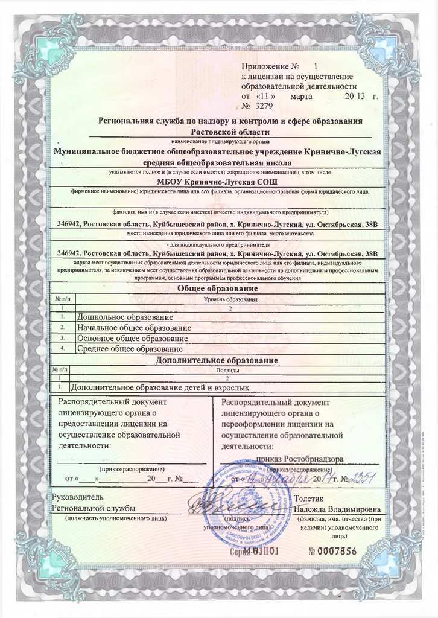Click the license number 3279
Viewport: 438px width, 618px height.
click(264, 106)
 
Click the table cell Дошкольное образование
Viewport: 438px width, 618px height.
click(125, 317)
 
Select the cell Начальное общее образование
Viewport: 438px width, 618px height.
click(134, 328)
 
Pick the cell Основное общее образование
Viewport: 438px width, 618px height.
click(133, 338)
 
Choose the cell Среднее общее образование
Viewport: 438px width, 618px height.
click(130, 349)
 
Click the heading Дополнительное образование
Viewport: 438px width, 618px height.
click(217, 360)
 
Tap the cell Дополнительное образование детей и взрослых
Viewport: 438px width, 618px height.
click(160, 388)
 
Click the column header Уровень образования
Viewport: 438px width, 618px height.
click(231, 299)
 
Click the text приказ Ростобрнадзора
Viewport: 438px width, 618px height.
click(300, 459)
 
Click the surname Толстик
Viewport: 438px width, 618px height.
click(309, 499)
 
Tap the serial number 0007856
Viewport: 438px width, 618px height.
click(332, 551)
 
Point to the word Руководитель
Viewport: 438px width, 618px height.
click(77, 498)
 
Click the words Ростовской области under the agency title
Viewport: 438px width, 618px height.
click(230, 131)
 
